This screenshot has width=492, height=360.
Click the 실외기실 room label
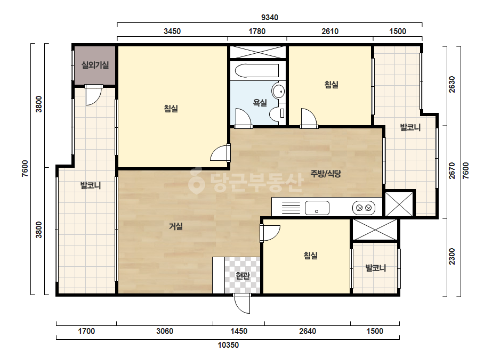[x=95, y=65]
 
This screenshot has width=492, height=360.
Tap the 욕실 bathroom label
[x=260, y=103]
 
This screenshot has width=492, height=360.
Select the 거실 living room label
[x=176, y=226]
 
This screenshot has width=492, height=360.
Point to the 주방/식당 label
[x=326, y=174]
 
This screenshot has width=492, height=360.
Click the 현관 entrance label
[x=243, y=276]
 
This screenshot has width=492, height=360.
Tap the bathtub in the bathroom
[x=257, y=71]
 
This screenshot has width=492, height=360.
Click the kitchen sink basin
[x=317, y=208]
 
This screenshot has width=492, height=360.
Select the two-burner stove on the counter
[x=364, y=208]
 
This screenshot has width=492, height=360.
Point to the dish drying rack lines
[x=291, y=208]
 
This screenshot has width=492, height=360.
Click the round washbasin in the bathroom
[x=278, y=91]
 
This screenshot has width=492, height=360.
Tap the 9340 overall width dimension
[x=270, y=18]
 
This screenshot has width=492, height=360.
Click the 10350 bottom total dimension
[x=228, y=345]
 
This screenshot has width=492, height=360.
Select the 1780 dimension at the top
[x=257, y=31]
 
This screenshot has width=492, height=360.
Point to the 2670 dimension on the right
[x=452, y=170]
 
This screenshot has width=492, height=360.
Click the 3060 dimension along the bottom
[x=165, y=331]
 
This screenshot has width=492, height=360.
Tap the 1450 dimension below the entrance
[x=239, y=331]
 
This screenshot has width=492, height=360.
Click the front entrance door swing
[x=242, y=304]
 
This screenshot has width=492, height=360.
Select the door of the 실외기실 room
[x=93, y=95]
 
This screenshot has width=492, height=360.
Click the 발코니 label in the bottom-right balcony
[x=376, y=268]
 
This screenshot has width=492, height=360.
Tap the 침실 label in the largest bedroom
[x=171, y=109]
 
